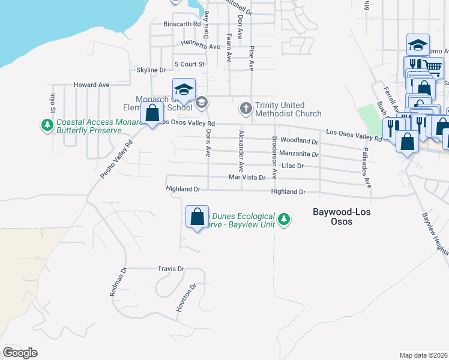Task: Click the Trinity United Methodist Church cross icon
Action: pyautogui.click(x=245, y=109)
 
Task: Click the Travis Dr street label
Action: pyautogui.click(x=170, y=269)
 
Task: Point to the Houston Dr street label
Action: pyautogui.click(x=186, y=298)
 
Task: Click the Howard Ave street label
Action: pyautogui.click(x=91, y=85)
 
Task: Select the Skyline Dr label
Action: pyautogui.click(x=151, y=70)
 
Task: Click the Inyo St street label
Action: pyautogui.click(x=52, y=101)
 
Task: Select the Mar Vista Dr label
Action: pyautogui.click(x=247, y=178)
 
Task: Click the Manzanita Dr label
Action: pyautogui.click(x=298, y=154)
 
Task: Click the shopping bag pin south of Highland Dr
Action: pyautogui.click(x=197, y=217)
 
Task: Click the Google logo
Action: pyautogui.click(x=20, y=353)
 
